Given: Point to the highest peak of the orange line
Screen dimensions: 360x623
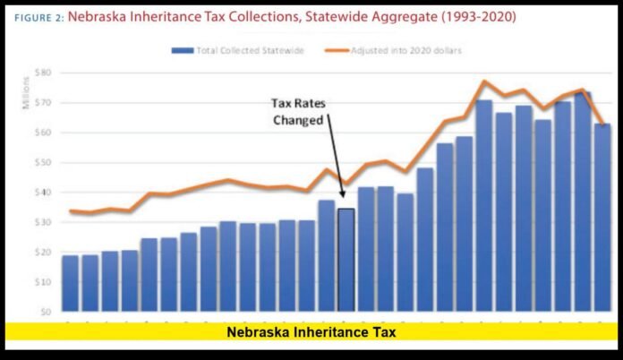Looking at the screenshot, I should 484,81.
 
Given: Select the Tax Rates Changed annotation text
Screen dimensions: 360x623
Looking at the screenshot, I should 297,112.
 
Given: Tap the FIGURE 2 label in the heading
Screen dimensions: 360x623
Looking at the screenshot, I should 38,17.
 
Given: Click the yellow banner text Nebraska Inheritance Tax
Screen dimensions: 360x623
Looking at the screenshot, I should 311,332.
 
